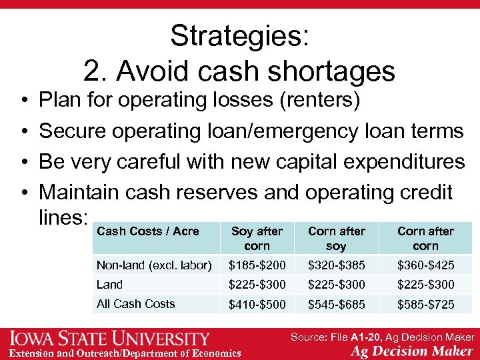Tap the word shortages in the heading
click(339, 71)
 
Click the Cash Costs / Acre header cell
click(148, 231)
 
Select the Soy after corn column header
click(257, 238)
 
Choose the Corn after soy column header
click(337, 238)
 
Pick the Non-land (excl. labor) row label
click(154, 265)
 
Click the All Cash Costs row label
click(136, 303)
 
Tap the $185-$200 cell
click(257, 265)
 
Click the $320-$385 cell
click(337, 265)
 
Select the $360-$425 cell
click(425, 265)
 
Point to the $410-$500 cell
click(257, 304)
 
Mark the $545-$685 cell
click(337, 304)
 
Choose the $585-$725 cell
click(425, 304)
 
